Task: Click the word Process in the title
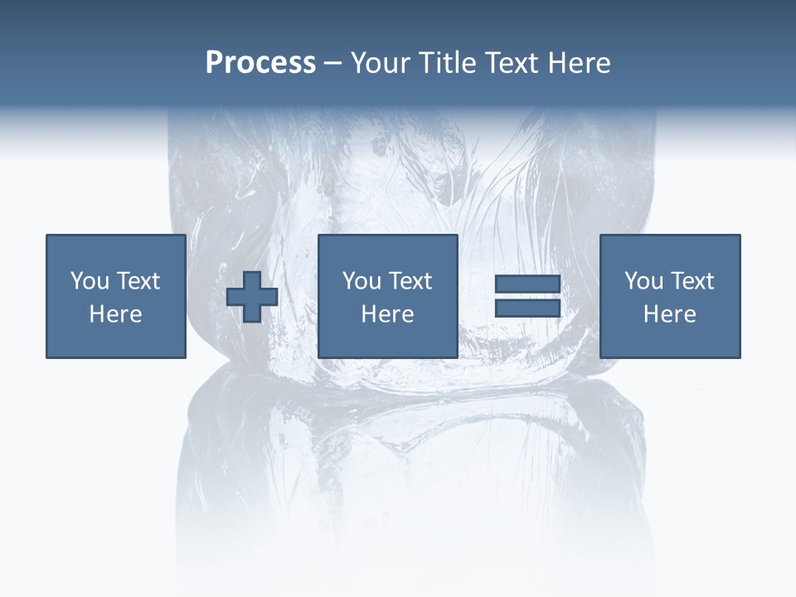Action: point(260,63)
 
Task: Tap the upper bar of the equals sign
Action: point(527,284)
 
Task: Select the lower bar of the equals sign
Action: point(527,308)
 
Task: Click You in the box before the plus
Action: point(90,281)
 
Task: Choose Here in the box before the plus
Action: point(115,314)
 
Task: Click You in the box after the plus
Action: point(362,281)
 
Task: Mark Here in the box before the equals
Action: point(387,314)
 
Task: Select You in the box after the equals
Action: point(643,281)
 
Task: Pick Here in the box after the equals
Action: point(669,314)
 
